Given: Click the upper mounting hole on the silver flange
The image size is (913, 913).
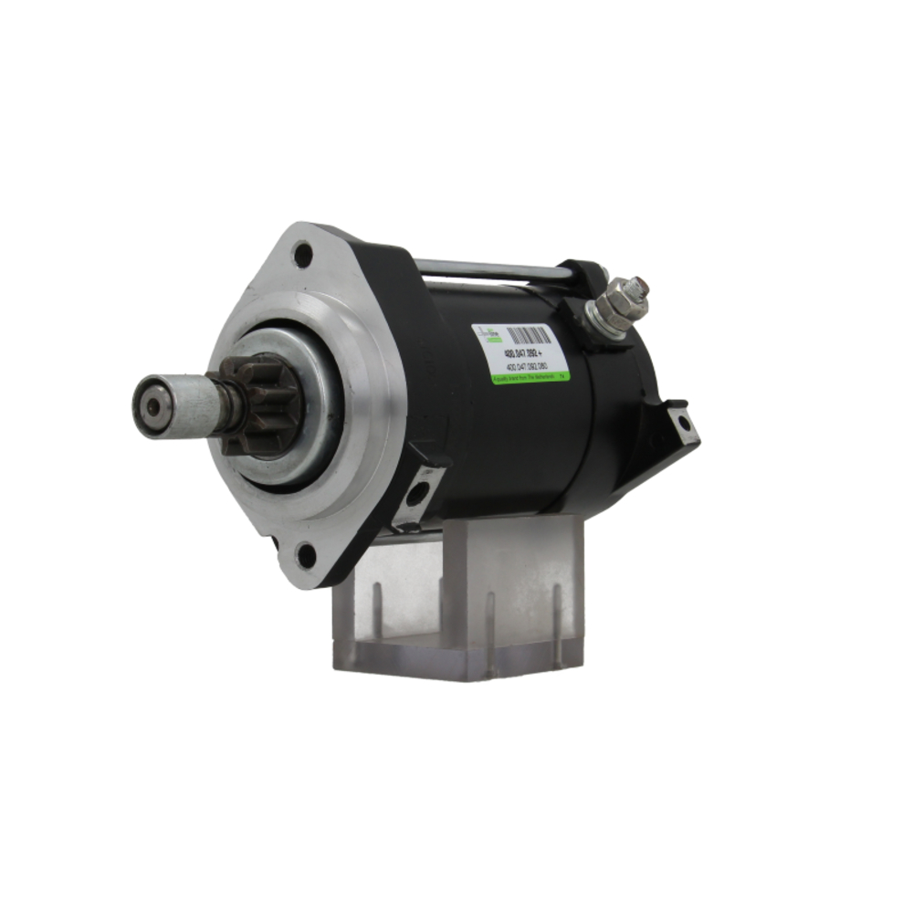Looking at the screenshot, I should tap(302, 254).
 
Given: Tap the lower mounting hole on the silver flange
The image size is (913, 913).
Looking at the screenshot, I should tap(305, 552).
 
